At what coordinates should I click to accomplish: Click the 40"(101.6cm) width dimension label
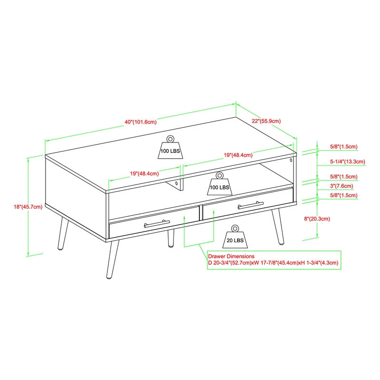(141, 122)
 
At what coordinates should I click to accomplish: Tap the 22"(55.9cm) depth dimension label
(266, 121)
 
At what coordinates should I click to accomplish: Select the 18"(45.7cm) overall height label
(28, 207)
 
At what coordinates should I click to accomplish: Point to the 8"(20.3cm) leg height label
(317, 219)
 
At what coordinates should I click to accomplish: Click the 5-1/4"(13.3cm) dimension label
(348, 161)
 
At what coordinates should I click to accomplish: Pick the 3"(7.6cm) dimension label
(342, 186)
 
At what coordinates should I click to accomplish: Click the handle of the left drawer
(157, 223)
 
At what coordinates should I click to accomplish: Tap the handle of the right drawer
(251, 205)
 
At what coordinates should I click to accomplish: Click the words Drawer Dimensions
(231, 256)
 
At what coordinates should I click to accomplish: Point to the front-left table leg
(113, 259)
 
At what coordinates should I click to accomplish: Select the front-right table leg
(278, 227)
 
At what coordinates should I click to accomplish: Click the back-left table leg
(63, 233)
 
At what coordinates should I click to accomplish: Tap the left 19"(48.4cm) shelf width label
(144, 173)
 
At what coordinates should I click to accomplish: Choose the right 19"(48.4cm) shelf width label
(238, 155)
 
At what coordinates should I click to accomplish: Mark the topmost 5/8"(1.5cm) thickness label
(343, 146)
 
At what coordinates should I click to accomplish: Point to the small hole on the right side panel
(291, 160)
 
